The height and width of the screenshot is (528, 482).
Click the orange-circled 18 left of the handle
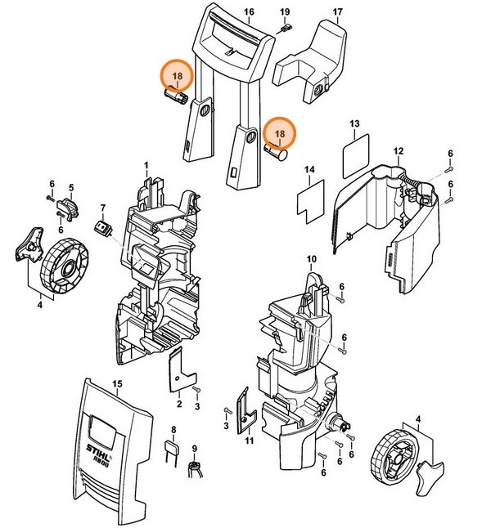pyautogui.click(x=177, y=77)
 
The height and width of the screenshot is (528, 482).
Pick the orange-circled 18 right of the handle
pyautogui.click(x=281, y=132)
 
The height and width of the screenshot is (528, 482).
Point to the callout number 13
pyautogui.click(x=354, y=123)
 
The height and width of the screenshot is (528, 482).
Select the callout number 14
pyautogui.click(x=309, y=170)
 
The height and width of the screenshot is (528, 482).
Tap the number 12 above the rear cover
pyautogui.click(x=399, y=151)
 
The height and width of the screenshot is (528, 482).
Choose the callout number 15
pyautogui.click(x=116, y=383)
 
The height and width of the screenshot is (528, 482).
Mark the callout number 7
pyautogui.click(x=103, y=207)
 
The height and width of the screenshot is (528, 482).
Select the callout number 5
pyautogui.click(x=71, y=187)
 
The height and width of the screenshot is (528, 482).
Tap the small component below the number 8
pyautogui.click(x=173, y=450)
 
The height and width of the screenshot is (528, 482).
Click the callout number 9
pyautogui.click(x=195, y=448)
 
